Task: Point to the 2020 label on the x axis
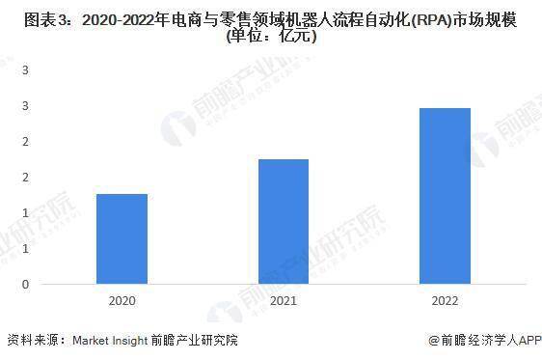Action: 122,302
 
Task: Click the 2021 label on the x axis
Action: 283,302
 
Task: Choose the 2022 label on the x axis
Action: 444,302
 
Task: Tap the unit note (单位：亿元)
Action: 271,39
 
